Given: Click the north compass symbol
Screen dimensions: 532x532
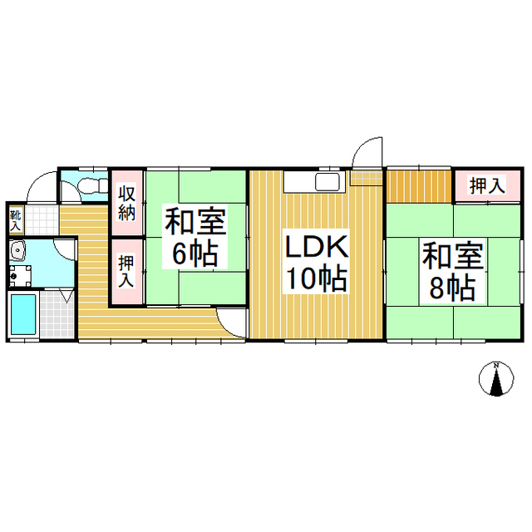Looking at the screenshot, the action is [x=496, y=379].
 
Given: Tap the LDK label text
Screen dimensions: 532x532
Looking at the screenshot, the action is [x=317, y=247].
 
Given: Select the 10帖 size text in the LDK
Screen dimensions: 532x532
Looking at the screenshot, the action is [x=317, y=279].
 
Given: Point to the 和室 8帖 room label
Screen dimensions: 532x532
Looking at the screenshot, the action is [x=452, y=272].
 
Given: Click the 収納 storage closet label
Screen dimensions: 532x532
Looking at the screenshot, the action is [x=126, y=203].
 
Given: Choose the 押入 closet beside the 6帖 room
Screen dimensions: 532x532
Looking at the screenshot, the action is [x=126, y=271].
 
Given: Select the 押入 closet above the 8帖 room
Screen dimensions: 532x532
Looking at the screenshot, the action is [x=487, y=185].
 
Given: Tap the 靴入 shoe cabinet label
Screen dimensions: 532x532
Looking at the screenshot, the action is [x=15, y=220].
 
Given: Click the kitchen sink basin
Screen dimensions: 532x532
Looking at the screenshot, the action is [x=328, y=182].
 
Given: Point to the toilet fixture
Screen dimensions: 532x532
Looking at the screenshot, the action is [x=92, y=185].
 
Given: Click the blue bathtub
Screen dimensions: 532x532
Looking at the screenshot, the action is [x=23, y=315].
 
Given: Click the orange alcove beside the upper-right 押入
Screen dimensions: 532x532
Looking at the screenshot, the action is [x=419, y=186].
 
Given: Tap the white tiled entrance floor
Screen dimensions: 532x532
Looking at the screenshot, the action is [x=42, y=219].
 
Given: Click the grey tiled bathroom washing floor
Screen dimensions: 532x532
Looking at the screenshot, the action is [x=57, y=313].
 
